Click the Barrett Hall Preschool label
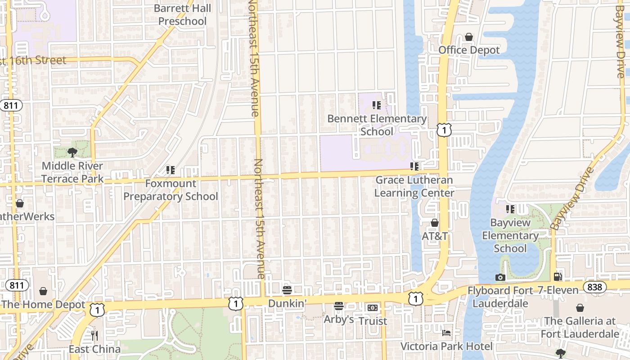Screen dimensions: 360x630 (182, 15)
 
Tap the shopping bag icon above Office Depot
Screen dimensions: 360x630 (469, 37)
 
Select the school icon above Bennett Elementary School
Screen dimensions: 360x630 (377, 105)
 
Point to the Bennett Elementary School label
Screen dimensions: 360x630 (377, 125)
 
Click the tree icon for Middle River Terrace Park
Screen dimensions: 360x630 (72, 153)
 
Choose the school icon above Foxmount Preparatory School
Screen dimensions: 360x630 (171, 170)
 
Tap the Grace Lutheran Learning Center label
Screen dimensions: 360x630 (414, 186)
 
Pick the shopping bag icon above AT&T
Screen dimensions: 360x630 (435, 223)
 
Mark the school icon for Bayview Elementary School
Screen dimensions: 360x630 (510, 209)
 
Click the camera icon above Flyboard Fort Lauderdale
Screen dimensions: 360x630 (500, 277)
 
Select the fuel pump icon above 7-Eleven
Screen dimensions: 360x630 (558, 277)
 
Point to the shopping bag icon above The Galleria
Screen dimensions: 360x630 (580, 308)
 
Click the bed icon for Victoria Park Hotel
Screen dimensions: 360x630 (446, 333)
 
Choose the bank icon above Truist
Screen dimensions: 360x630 (373, 308)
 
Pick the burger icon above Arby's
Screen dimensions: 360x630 (339, 306)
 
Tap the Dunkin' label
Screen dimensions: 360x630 (287, 303)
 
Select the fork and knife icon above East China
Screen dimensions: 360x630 (94, 336)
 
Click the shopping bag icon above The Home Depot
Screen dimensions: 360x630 (43, 291)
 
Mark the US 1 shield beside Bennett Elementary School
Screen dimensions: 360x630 (444, 130)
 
